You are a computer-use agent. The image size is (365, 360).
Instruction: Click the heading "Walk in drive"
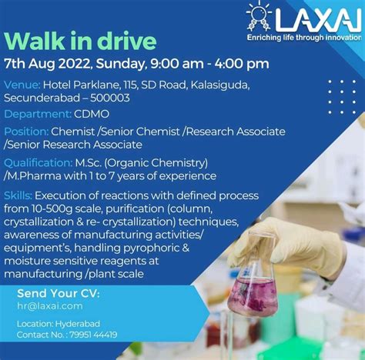coord(80,41)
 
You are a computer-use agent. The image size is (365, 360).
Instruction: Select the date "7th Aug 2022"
coord(48,64)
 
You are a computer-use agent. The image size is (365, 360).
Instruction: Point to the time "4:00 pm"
coord(242,64)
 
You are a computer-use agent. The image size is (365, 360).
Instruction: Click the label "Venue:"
coord(22,85)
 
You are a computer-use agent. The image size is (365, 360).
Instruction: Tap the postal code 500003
coord(110,98)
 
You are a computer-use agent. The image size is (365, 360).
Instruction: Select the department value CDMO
coord(92,114)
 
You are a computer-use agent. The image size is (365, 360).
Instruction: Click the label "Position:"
coord(26,132)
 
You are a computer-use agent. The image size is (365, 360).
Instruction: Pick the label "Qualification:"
coord(39,163)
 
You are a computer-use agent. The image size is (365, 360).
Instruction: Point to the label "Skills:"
coord(18,196)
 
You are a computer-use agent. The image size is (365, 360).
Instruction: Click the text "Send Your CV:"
coord(59,294)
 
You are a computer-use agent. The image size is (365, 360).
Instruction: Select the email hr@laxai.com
coord(50,306)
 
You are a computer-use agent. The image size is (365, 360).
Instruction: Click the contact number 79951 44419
coord(93,335)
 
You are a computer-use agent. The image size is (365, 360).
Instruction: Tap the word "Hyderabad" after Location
coord(78,324)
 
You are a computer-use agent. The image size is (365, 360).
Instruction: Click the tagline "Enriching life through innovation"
coord(304,38)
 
